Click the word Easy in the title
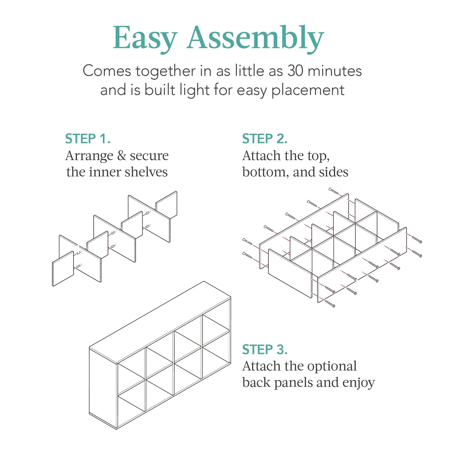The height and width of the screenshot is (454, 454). (145, 38)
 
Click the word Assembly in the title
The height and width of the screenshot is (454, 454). (255, 38)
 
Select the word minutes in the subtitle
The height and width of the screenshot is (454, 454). (335, 71)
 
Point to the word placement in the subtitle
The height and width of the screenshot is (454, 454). (308, 90)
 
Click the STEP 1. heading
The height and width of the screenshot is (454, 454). (88, 139)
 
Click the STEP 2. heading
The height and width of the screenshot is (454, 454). (265, 139)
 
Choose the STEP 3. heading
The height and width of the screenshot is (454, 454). (265, 350)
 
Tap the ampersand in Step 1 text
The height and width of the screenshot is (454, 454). (121, 156)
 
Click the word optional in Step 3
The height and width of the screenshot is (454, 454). (332, 366)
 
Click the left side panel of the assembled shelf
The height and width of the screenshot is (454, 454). (103, 390)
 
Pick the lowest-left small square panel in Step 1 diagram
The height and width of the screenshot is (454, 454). (63, 269)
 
